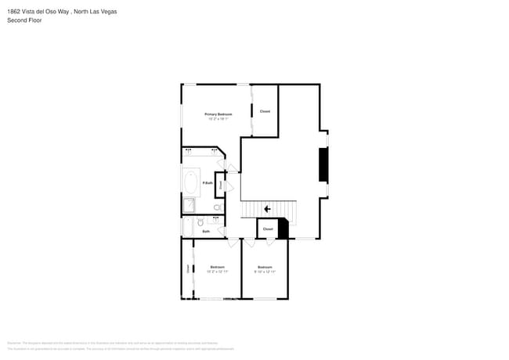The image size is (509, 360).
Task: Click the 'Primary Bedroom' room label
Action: (218, 114)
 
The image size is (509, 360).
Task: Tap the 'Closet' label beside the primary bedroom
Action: (265, 111)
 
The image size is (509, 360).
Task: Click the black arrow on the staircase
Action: (267, 209)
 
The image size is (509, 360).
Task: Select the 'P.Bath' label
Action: (208, 183)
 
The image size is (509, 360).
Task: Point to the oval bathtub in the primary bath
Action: (191, 182)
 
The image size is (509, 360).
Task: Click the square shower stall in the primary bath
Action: (189, 205)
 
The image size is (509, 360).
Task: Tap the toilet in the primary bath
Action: (218, 207)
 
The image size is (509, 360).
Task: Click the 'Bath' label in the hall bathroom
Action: (206, 232)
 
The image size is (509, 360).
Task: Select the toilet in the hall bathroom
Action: (200, 223)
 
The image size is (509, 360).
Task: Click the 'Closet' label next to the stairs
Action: (268, 229)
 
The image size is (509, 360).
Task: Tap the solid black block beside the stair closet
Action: (283, 229)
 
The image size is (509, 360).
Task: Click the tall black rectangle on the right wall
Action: (322, 165)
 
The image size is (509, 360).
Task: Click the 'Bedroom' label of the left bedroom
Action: (218, 267)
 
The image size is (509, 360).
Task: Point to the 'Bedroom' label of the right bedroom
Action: (265, 267)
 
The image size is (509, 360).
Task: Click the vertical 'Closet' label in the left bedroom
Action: (188, 268)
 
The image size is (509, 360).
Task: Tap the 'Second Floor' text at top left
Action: (24, 20)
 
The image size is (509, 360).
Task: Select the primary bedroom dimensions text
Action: (218, 119)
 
